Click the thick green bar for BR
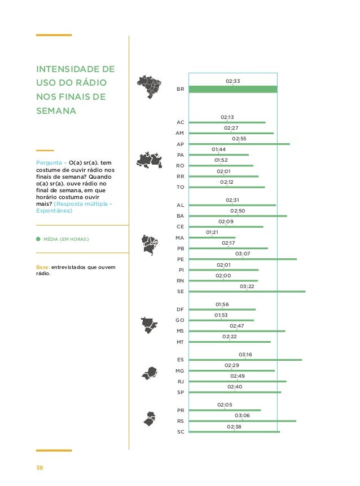point(232,89)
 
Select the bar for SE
point(247,291)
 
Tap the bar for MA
point(212,238)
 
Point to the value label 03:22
point(247,286)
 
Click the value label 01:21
point(212,232)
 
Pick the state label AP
point(180,144)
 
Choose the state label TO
point(180,187)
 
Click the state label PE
point(180,259)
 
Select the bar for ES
point(245,360)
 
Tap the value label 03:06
point(242,416)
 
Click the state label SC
point(180,432)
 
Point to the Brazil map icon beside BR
point(150,86)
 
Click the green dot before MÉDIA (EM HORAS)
point(38,239)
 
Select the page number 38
point(39,468)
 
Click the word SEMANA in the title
point(55,111)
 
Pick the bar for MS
point(237,331)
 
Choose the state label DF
point(180,310)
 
